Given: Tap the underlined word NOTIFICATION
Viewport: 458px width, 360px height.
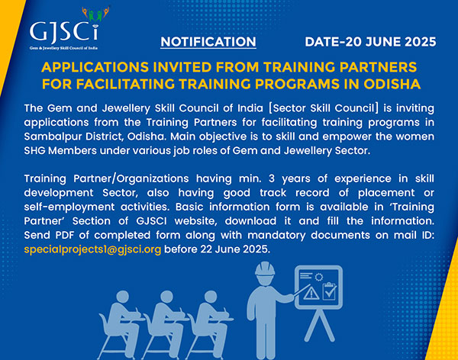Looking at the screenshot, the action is [208, 42].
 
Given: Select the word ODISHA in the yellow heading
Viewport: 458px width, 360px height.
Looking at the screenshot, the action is [392, 84].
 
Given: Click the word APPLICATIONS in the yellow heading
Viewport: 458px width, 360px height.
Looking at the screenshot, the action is [95, 67].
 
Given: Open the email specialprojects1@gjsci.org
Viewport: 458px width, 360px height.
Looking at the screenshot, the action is [92, 249].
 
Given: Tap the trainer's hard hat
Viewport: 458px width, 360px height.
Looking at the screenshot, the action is [265, 268].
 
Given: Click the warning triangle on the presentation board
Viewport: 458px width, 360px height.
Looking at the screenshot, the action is [311, 293].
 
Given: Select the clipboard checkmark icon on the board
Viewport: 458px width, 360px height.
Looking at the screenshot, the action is [330, 291].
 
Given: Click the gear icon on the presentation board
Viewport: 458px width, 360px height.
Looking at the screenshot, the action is [318, 277].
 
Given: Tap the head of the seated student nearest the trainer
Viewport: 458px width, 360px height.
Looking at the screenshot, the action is [211, 297].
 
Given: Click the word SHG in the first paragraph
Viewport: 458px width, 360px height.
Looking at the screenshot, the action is [34, 151].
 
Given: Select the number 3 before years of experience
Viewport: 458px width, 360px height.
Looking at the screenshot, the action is [272, 178].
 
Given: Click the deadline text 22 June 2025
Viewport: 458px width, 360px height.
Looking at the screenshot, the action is [234, 249].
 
